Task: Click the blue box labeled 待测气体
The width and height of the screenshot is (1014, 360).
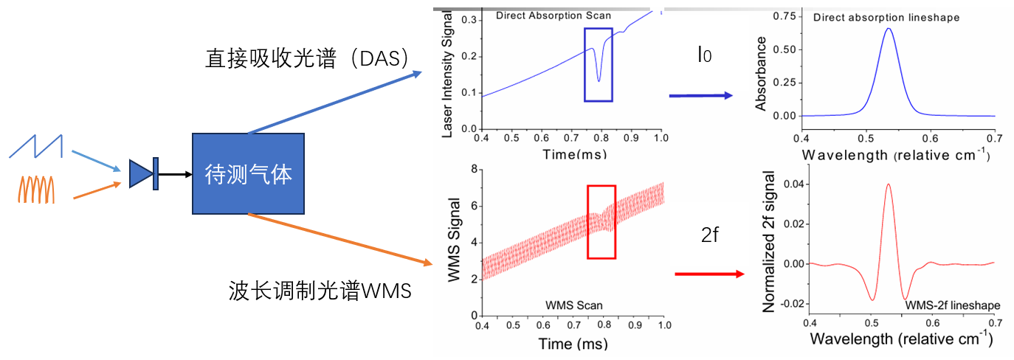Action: [x=248, y=174]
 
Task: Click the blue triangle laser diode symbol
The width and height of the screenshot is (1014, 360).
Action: [x=139, y=174]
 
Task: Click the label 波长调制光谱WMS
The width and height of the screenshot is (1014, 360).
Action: [x=319, y=291]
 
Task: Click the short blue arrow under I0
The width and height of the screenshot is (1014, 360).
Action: [x=700, y=96]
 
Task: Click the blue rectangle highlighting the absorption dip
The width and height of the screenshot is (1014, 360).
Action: [x=598, y=64]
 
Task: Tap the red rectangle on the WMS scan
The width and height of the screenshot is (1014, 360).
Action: [x=601, y=221]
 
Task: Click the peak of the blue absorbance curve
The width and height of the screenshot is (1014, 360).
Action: [x=889, y=30]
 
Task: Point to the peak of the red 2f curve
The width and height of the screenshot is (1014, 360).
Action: [x=888, y=184]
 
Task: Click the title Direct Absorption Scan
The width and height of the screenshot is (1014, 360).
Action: [x=553, y=15]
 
